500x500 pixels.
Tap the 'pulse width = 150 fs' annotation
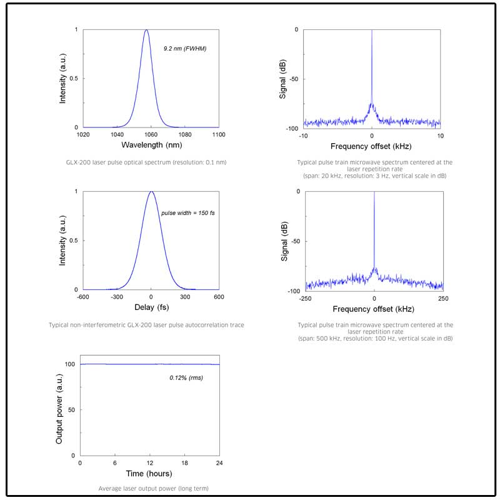click(x=188, y=213)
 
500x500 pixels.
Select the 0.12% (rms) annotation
click(x=186, y=378)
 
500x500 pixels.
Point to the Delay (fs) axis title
click(x=151, y=307)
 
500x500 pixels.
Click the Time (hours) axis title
click(x=150, y=474)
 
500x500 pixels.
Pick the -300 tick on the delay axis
click(x=116, y=297)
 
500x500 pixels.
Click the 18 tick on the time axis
click(x=185, y=463)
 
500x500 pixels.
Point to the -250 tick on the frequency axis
click(x=306, y=299)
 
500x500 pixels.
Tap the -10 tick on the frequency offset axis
click(x=304, y=136)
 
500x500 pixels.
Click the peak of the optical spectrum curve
click(x=146, y=30)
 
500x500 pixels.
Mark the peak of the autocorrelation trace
click(x=151, y=192)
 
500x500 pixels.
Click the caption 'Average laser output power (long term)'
click(x=150, y=487)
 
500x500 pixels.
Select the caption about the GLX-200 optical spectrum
click(x=146, y=162)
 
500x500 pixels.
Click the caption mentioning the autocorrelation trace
click(x=146, y=325)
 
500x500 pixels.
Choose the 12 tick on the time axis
click(x=150, y=463)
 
